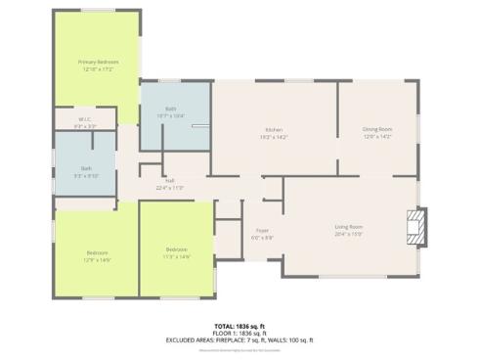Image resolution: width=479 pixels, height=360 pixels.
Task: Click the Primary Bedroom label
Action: coord(98,62)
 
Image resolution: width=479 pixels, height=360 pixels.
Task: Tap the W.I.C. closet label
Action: coord(85,120)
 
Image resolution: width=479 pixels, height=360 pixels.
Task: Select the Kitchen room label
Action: coord(273,130)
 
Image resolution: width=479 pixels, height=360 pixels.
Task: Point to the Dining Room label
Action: coord(376,129)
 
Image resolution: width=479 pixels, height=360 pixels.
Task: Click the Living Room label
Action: coord(348,227)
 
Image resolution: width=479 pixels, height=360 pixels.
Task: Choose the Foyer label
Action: coord(262,231)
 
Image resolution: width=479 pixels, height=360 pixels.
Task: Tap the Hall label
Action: coord(170,181)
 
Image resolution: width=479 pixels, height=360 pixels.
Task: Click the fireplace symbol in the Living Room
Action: coord(417,225)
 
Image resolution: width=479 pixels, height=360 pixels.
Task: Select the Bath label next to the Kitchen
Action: coord(171,109)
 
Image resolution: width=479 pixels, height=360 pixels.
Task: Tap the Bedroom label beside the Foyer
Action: coord(177,249)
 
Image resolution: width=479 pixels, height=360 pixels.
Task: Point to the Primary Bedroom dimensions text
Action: coord(98,69)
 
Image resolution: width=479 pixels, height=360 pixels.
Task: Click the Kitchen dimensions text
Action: coord(273,138)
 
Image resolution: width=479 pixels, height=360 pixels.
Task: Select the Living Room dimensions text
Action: coord(348,235)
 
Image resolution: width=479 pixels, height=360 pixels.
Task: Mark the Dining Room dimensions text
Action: coord(376,137)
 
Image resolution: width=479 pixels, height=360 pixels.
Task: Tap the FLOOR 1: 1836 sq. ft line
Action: coord(239,334)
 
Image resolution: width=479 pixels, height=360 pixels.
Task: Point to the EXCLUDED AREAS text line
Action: coord(239,340)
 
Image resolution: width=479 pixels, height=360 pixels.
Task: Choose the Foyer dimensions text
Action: coord(262,238)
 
